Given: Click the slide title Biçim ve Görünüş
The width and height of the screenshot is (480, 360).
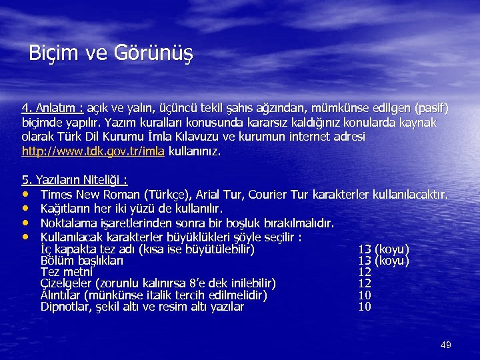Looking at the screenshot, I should tap(111, 53).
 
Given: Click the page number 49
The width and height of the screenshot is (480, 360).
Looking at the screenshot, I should tap(446, 345).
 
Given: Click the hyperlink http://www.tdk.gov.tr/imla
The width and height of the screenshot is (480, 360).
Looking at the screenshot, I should tap(93, 151).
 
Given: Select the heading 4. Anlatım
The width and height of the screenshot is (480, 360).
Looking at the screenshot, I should tap(53, 108).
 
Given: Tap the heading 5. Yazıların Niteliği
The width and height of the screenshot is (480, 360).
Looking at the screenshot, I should tap(75, 180).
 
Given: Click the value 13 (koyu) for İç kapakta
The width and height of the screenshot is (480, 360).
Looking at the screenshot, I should tap(383, 250).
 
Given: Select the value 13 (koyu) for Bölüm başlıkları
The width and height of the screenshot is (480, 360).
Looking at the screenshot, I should tap(383, 261).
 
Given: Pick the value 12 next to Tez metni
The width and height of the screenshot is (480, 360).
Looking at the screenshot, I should tap(365, 273).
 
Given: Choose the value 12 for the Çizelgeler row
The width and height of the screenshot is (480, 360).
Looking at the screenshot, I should tap(365, 284).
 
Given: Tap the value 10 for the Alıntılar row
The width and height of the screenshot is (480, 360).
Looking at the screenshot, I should tap(365, 295).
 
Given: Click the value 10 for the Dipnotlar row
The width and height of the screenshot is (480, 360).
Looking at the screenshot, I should tap(365, 307).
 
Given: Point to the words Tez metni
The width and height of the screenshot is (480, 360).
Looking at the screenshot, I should tap(67, 273).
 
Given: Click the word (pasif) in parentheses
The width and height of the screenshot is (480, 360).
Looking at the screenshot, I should tap(431, 108).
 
